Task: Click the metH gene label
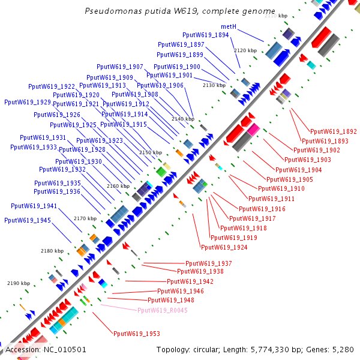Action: click(x=229, y=27)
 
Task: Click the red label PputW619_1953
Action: click(x=137, y=334)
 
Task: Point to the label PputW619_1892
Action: click(x=334, y=131)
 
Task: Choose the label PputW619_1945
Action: click(x=28, y=220)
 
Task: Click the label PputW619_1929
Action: click(x=28, y=102)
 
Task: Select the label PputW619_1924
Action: click(x=224, y=247)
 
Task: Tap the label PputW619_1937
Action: click(x=209, y=263)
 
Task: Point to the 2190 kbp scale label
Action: click(x=19, y=283)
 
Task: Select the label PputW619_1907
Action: click(x=120, y=67)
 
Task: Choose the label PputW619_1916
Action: click(x=262, y=209)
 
